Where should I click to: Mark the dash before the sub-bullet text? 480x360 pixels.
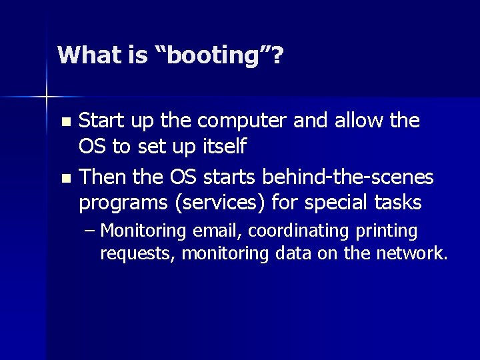(x=90, y=231)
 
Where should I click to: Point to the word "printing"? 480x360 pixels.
(x=386, y=232)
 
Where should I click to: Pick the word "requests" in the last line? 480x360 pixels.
(x=137, y=253)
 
